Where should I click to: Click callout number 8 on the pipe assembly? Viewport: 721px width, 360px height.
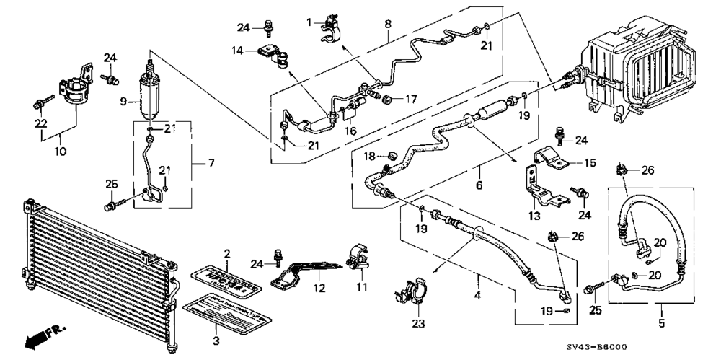click(x=388, y=23)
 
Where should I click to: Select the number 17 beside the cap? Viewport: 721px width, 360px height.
click(x=412, y=98)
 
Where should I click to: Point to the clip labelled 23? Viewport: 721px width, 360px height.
click(x=407, y=296)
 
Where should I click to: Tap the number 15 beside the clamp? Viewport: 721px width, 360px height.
click(x=590, y=163)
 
